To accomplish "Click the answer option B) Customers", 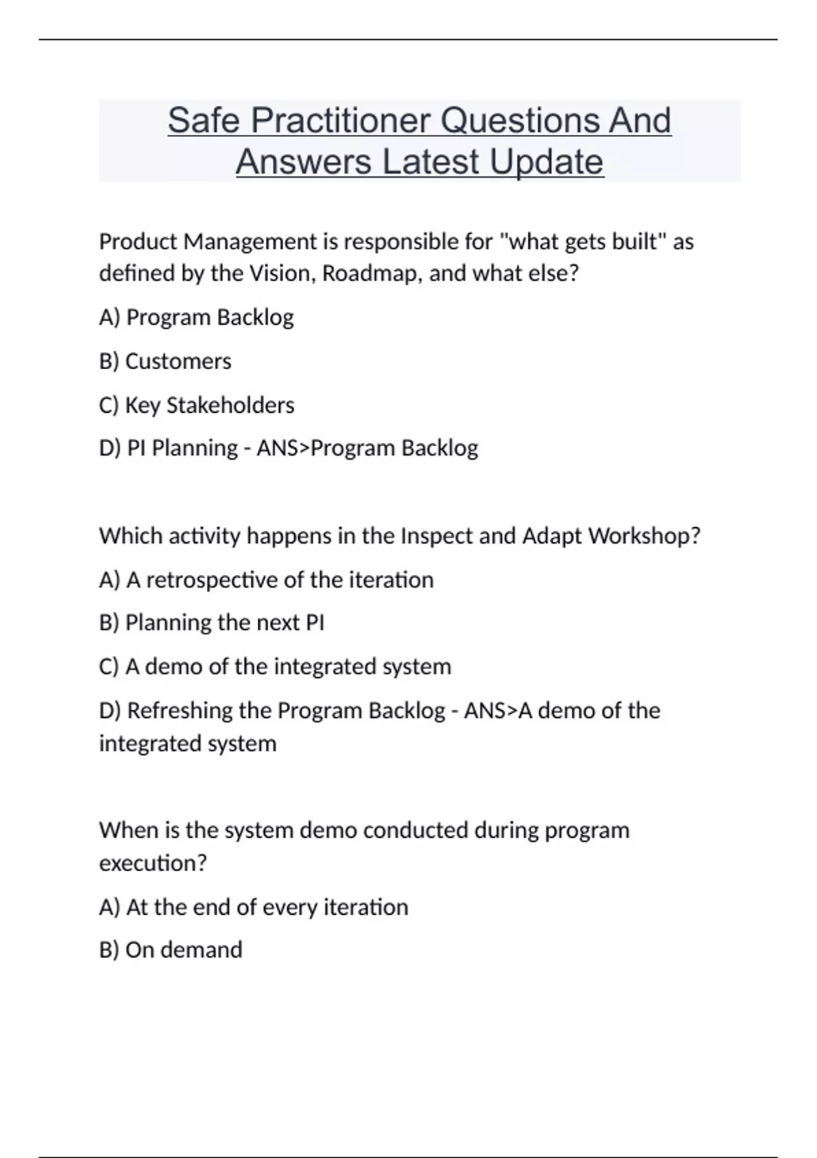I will pyautogui.click(x=165, y=361).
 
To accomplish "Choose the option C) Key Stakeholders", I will pyautogui.click(x=197, y=405).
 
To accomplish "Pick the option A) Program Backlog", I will pyautogui.click(x=197, y=317).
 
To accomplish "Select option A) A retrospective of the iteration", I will pyautogui.click(x=266, y=580).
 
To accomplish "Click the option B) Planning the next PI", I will pyautogui.click(x=212, y=623).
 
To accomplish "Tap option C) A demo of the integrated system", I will pyautogui.click(x=275, y=666).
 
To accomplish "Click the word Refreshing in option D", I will pyautogui.click(x=180, y=710).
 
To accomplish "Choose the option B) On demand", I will pyautogui.click(x=171, y=950).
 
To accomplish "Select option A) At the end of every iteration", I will pyautogui.click(x=254, y=907).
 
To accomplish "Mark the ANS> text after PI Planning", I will pyautogui.click(x=283, y=448).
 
